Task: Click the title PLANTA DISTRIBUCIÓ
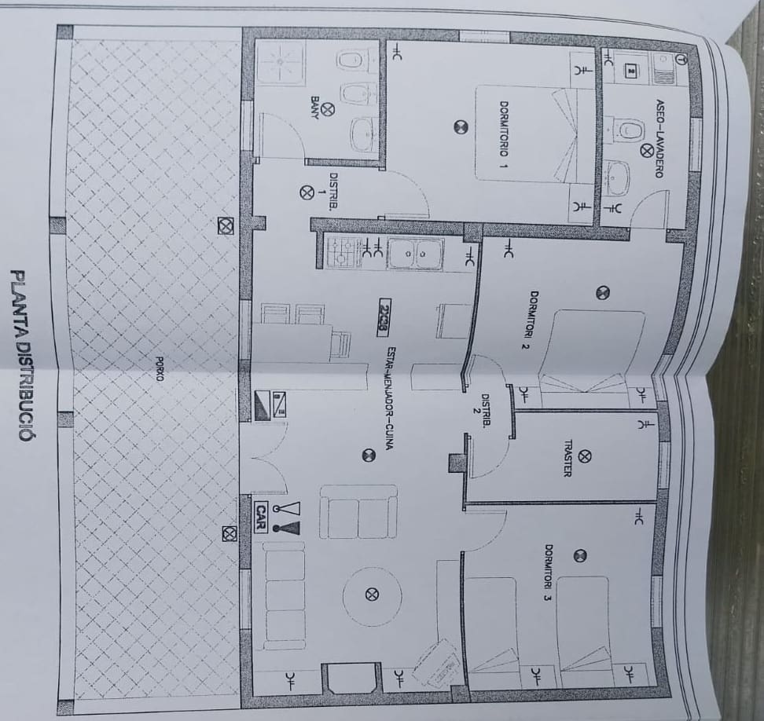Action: pyautogui.click(x=20, y=354)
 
